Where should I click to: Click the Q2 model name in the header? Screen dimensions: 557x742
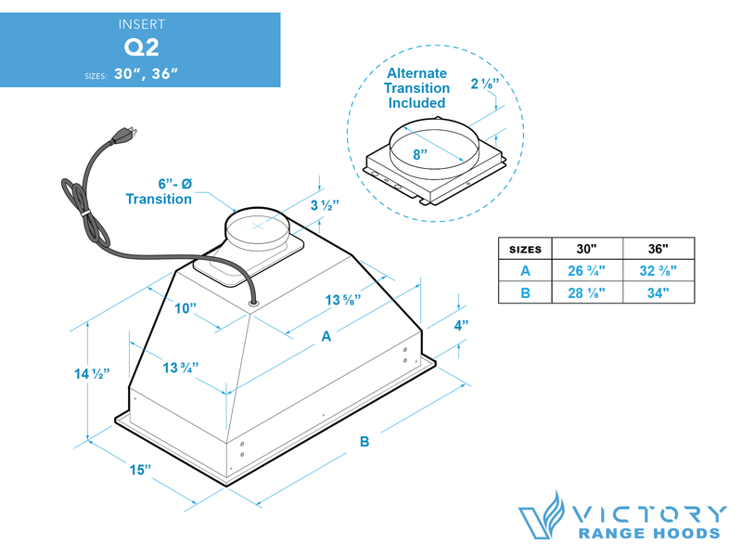coord(140,47)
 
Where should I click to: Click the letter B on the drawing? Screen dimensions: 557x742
coord(365,442)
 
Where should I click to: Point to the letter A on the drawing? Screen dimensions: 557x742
coord(326,338)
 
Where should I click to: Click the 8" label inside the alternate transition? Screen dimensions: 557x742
coord(420,155)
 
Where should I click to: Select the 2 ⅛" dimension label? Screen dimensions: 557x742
coord(483,83)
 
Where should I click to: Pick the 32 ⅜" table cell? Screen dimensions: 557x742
coord(658,271)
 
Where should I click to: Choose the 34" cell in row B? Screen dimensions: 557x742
coord(658,293)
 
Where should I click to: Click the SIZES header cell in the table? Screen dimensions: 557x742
coord(525,249)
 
